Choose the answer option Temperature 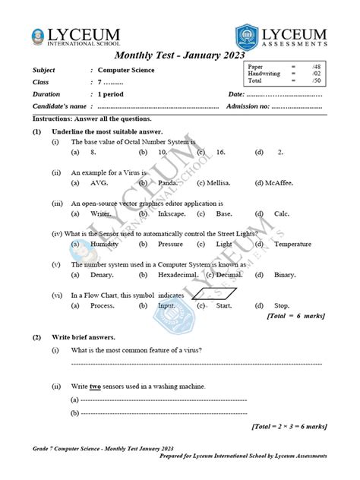[293, 245]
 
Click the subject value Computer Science [125, 71]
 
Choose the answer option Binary [285, 274]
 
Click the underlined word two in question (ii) [96, 387]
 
